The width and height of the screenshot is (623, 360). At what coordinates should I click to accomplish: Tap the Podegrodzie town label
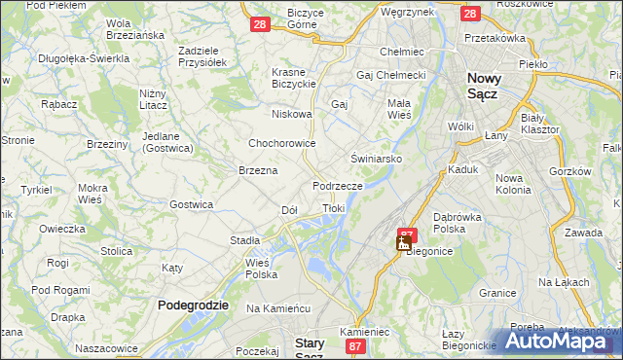click(x=193, y=305)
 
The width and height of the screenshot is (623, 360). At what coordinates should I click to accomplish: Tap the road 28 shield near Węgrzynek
click(x=470, y=14)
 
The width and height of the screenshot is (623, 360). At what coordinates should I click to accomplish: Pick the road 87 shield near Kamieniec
click(x=355, y=346)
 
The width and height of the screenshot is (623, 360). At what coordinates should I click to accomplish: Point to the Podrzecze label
click(x=338, y=185)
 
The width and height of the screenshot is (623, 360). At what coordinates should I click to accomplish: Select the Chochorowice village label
click(x=281, y=143)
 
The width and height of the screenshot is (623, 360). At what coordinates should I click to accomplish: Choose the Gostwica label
click(x=191, y=204)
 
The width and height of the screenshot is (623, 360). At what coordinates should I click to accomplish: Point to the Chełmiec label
click(x=401, y=51)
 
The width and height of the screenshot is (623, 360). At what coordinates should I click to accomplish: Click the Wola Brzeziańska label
click(x=133, y=29)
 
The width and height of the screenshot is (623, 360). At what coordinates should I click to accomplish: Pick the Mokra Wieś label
click(x=92, y=193)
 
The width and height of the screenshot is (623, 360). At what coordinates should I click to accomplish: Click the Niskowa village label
click(x=292, y=114)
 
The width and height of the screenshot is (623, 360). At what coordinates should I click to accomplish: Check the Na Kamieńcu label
click(x=277, y=307)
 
